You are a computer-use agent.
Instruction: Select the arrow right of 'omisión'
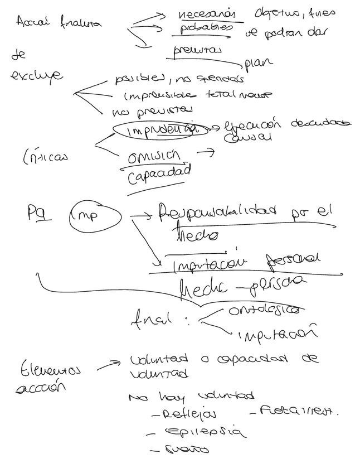pyautogui.click(x=206, y=151)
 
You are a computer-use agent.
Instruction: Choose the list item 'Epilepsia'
pyautogui.click(x=203, y=432)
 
